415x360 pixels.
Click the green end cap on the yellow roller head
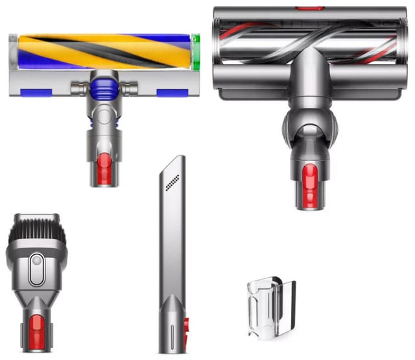[x=196, y=47]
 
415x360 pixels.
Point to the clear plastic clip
[x=270, y=307]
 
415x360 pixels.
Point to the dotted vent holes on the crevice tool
[x=172, y=184]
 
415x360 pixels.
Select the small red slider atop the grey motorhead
[x=302, y=8]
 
